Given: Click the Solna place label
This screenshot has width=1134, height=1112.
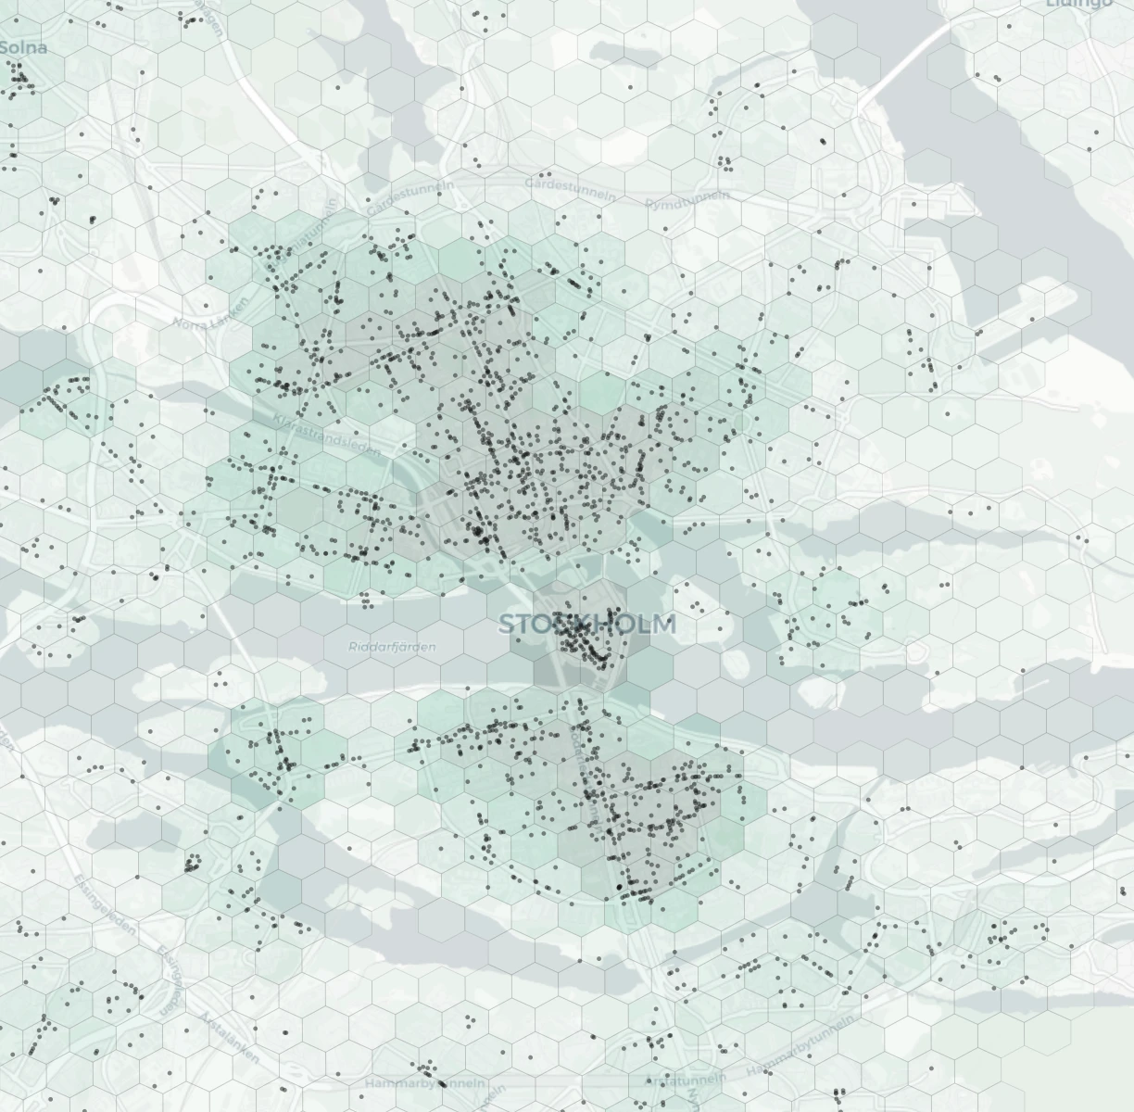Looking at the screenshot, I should click(22, 47).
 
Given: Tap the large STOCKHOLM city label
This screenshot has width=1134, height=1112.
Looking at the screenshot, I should click(587, 625).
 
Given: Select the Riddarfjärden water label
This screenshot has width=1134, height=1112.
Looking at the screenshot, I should click(392, 647).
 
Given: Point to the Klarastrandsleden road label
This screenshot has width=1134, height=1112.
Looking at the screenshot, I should click(327, 436).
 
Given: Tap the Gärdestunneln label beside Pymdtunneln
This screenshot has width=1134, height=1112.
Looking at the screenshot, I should click(570, 188).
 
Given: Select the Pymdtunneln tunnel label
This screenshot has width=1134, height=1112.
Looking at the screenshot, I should click(687, 198).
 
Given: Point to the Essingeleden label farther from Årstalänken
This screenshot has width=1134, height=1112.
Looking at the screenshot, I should click(103, 904).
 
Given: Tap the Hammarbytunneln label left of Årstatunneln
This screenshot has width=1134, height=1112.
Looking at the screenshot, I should click(424, 1083).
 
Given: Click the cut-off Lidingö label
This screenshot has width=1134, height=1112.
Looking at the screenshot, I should click(1079, 4).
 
